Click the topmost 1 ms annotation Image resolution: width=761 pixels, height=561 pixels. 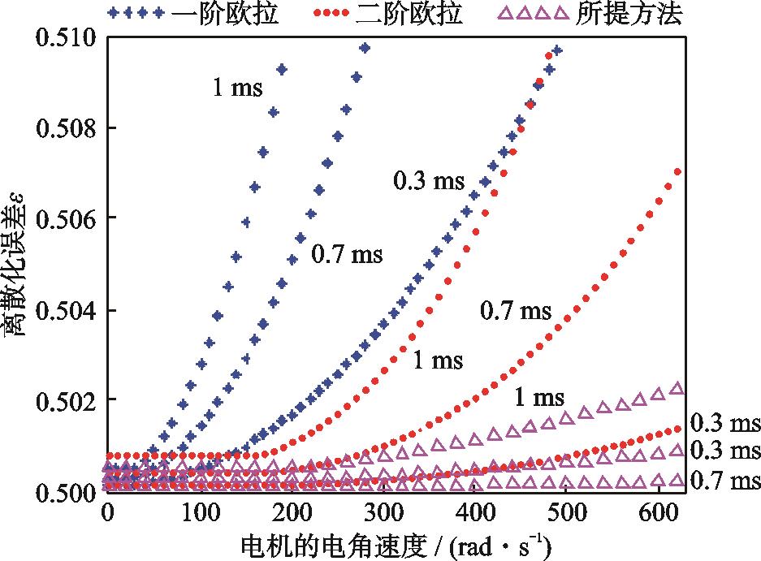click(x=238, y=88)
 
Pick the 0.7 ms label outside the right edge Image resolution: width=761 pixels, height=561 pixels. click(x=725, y=481)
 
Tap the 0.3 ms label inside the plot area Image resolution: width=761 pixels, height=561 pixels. click(x=428, y=181)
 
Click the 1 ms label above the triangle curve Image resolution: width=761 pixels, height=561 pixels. click(x=538, y=397)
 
